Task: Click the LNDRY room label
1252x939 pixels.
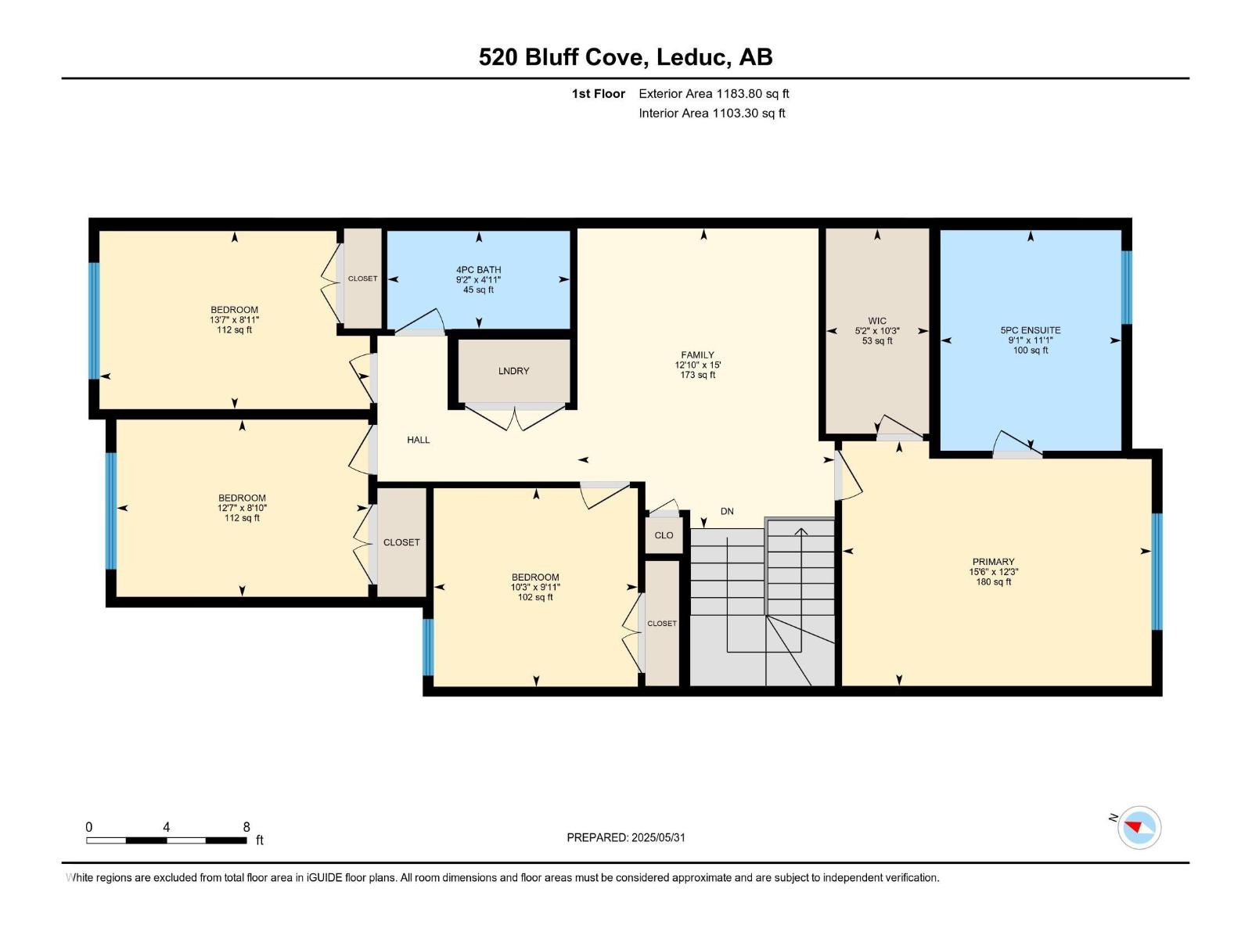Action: pyautogui.click(x=513, y=371)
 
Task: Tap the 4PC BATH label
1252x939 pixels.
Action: pyautogui.click(x=479, y=270)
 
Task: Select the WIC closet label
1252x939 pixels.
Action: pyautogui.click(x=876, y=321)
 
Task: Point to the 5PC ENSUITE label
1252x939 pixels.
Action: pyautogui.click(x=1030, y=330)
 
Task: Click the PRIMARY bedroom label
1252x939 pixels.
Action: pyautogui.click(x=993, y=562)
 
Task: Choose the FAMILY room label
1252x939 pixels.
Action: pyautogui.click(x=697, y=354)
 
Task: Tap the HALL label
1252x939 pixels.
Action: pyautogui.click(x=418, y=440)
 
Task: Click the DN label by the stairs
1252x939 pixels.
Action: pyautogui.click(x=727, y=512)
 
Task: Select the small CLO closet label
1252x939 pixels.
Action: pyautogui.click(x=664, y=535)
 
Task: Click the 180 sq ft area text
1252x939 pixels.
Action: pyautogui.click(x=993, y=582)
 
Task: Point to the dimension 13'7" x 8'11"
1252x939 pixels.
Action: pyautogui.click(x=234, y=320)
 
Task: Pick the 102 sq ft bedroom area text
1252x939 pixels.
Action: pyautogui.click(x=534, y=598)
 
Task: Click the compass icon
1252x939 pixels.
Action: pyautogui.click(x=1139, y=827)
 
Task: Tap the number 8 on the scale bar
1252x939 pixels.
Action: pyautogui.click(x=246, y=826)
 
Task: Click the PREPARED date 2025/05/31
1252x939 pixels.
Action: pyautogui.click(x=657, y=837)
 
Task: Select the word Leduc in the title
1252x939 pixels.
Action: pyautogui.click(x=693, y=57)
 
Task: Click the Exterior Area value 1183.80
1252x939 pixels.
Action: pyautogui.click(x=739, y=93)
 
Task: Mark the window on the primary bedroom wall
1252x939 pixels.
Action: pyautogui.click(x=1157, y=572)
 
